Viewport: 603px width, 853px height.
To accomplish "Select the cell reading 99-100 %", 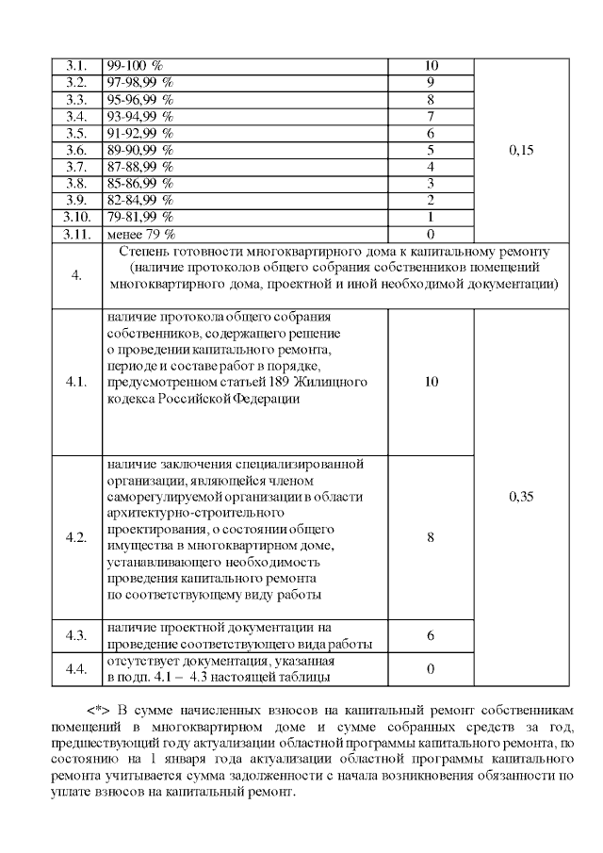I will point(136,66).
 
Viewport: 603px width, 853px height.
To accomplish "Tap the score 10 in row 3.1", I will point(432,66).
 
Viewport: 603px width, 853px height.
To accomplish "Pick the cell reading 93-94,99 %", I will point(139,116).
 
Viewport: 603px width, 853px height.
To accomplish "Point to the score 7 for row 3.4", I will point(431,116).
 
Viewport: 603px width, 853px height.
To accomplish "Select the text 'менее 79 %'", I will point(142,233).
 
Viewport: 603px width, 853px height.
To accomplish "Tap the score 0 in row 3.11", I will point(431,233).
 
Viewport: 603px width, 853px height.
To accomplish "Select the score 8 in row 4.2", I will point(431,537).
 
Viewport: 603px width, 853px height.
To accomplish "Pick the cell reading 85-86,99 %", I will point(139,183).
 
